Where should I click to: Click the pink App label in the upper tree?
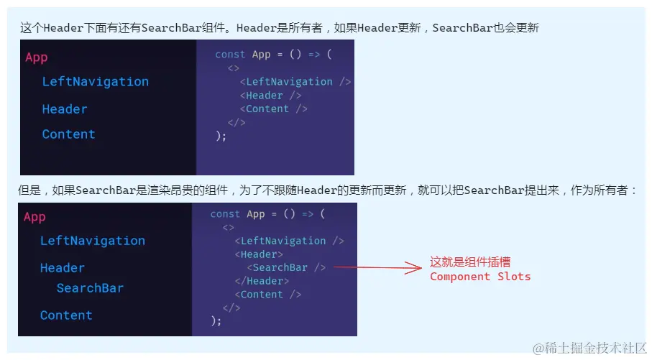pos(37,57)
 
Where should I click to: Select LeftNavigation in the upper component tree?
pos(95,82)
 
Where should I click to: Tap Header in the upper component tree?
pos(65,109)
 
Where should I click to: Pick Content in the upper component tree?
pos(68,134)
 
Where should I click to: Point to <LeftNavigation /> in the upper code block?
pos(295,82)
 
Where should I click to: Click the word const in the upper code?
pos(230,55)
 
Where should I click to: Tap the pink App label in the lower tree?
pos(35,217)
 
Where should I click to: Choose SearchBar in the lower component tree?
pos(90,288)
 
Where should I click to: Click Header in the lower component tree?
pos(63,268)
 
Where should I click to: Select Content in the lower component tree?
pos(66,315)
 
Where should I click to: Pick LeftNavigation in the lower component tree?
pos(93,241)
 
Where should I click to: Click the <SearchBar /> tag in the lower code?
pos(286,268)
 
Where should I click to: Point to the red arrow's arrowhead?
pos(415,268)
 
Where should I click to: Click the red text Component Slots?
pos(480,277)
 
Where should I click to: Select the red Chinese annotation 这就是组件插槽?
pos(470,262)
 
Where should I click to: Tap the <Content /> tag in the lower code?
pos(267,295)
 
